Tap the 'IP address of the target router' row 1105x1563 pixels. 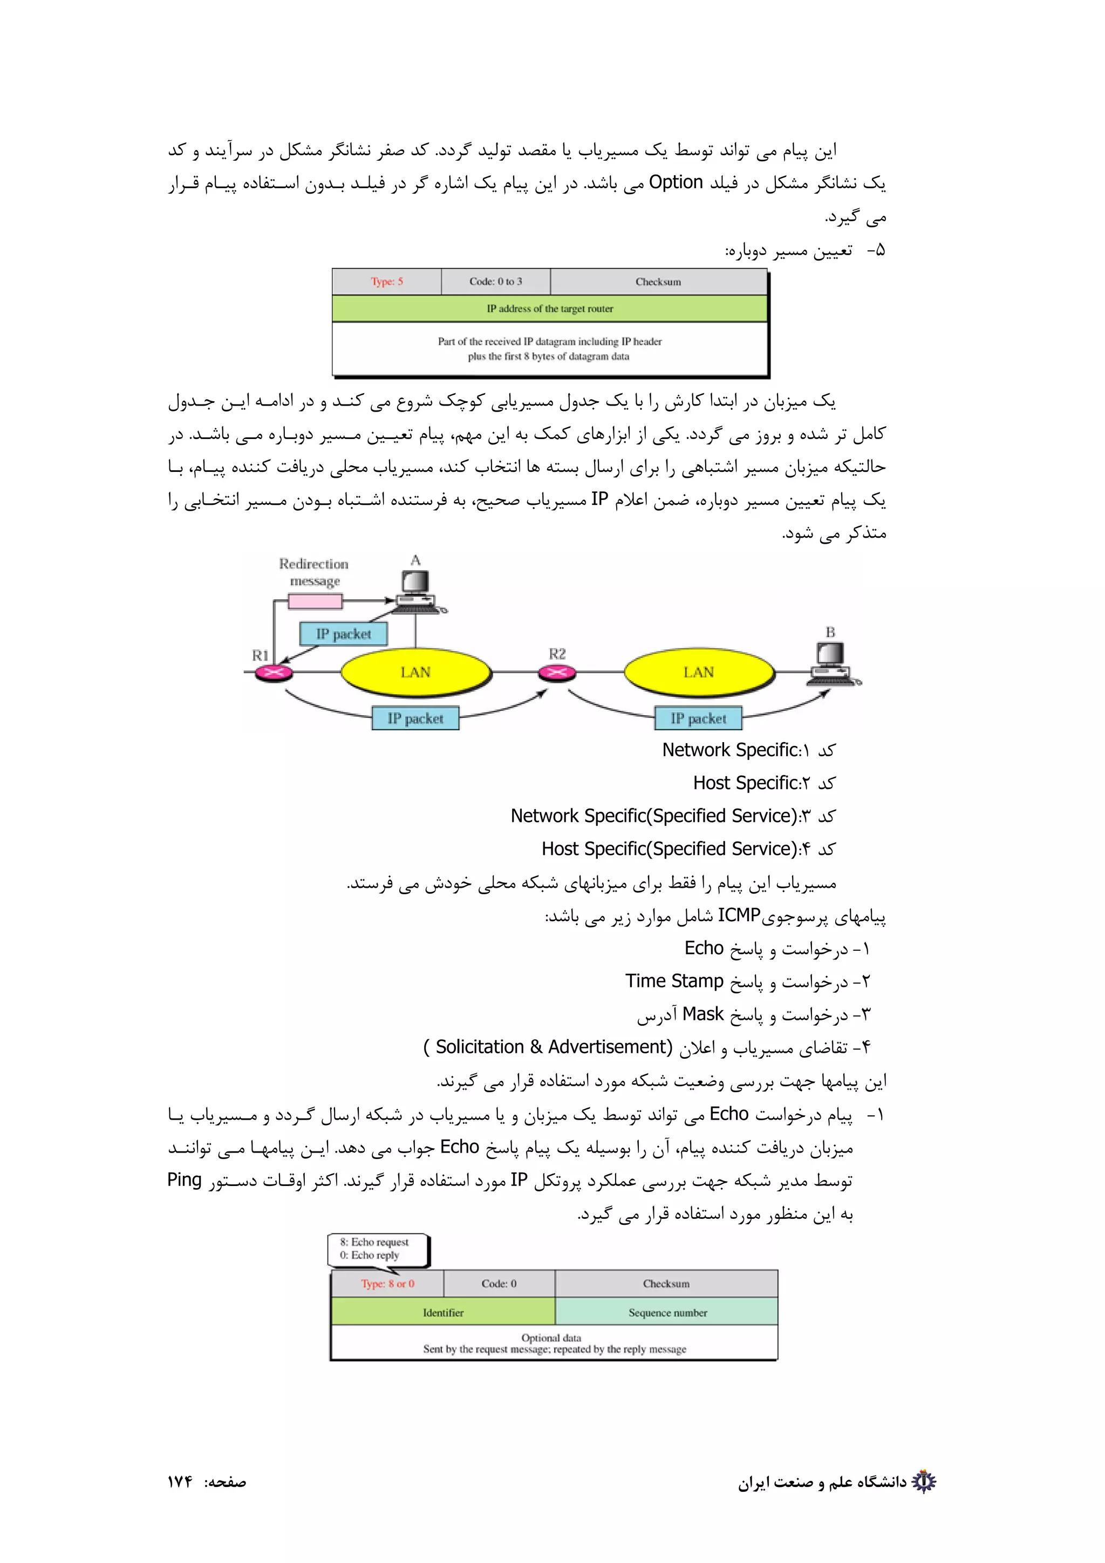pos(549,309)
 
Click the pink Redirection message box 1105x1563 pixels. pos(315,601)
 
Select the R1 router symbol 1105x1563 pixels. pos(274,673)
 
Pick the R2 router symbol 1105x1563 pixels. pos(557,673)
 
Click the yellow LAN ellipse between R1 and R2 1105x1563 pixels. pos(415,672)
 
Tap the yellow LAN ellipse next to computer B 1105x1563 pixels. pos(699,672)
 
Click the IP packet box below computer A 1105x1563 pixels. pos(343,634)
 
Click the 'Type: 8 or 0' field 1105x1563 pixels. pos(387,1283)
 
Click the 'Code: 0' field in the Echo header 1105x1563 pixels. pos(499,1283)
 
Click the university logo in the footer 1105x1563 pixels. pos(923,1482)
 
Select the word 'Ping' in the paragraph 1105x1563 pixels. pos(185,1180)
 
